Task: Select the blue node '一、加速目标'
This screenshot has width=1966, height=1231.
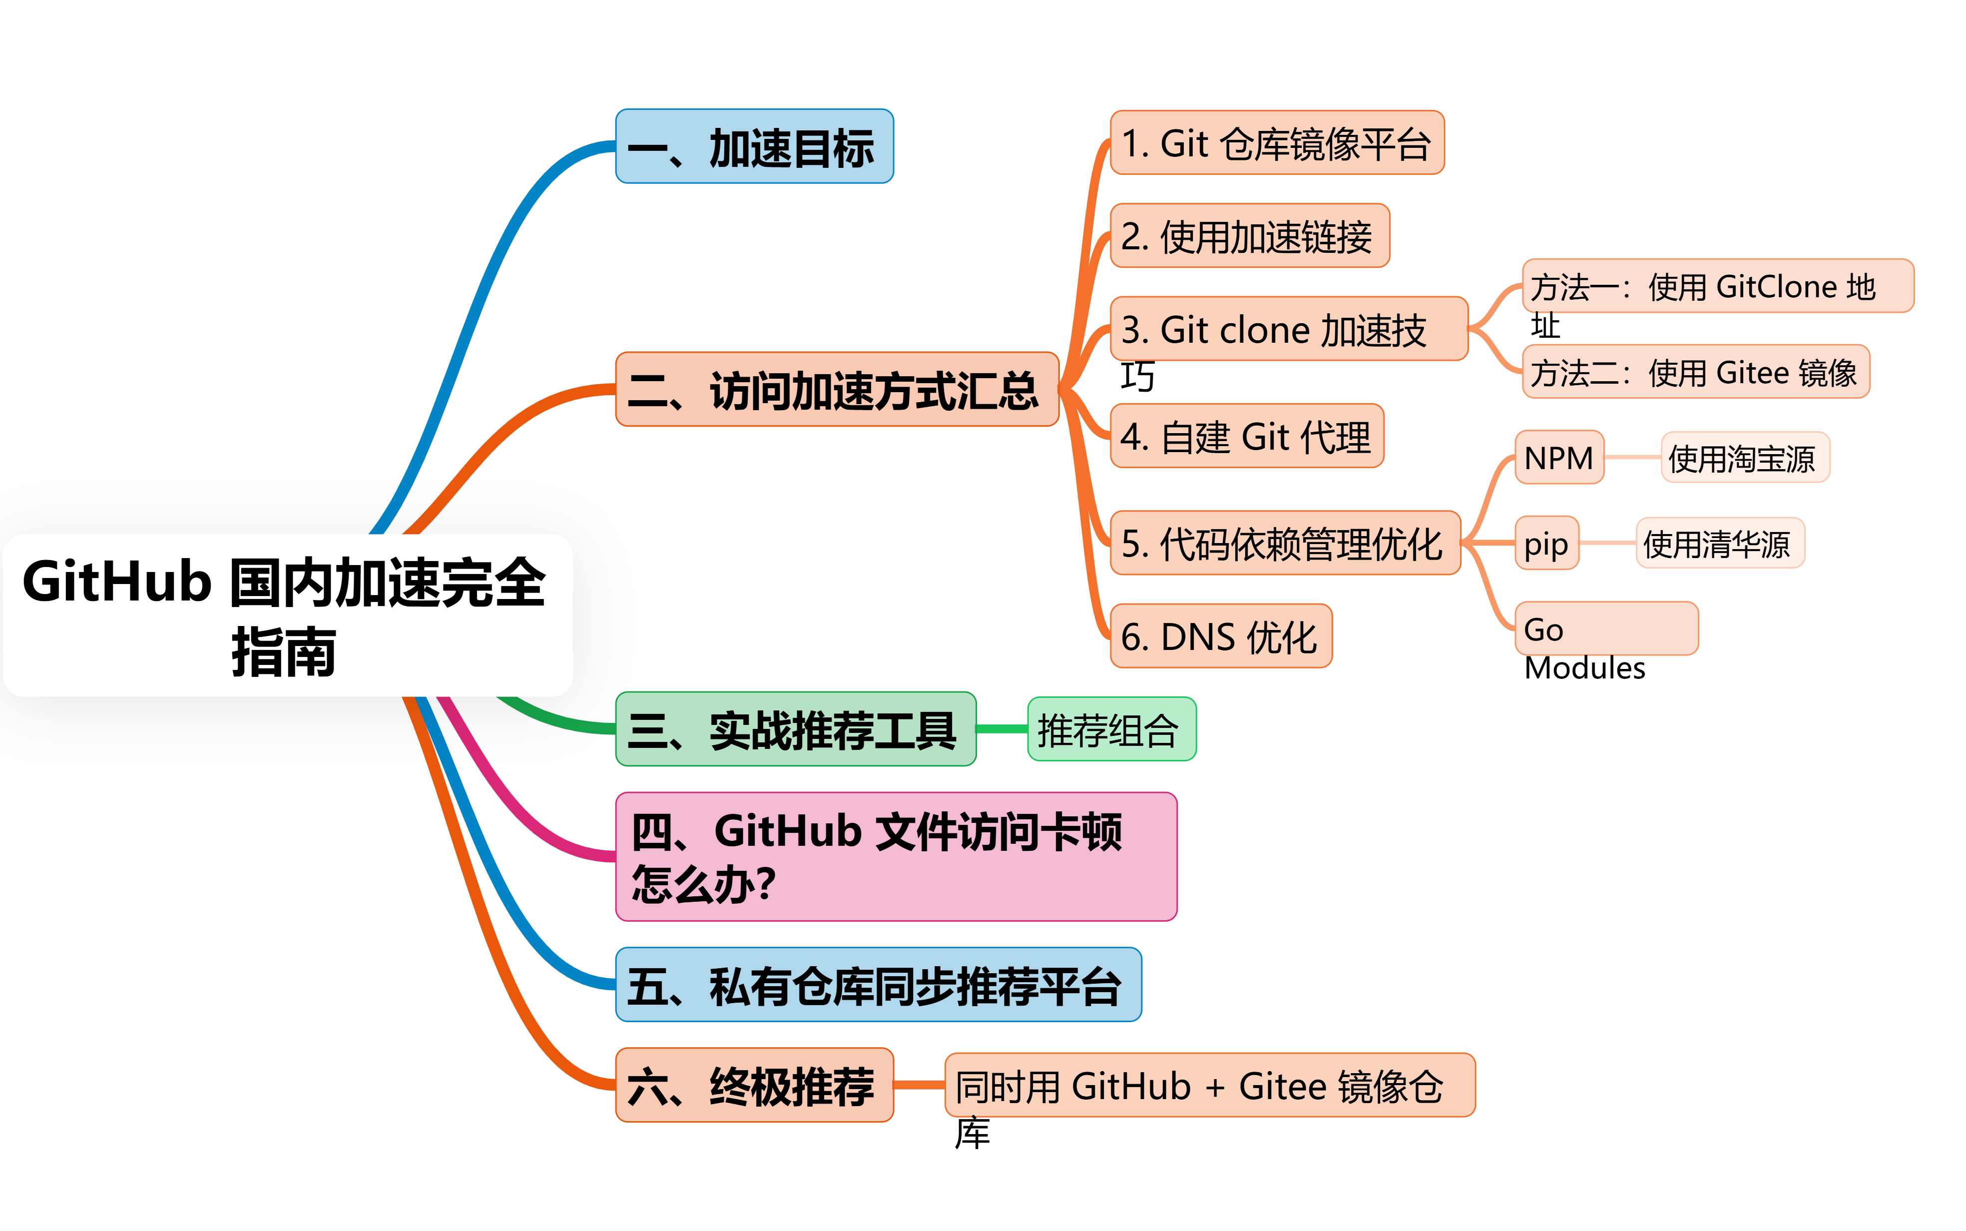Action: [x=754, y=146]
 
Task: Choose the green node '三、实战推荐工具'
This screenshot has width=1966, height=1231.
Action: [x=795, y=729]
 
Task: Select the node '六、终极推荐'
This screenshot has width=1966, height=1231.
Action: [x=754, y=1085]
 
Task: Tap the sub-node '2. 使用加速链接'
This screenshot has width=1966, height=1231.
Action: [x=1249, y=236]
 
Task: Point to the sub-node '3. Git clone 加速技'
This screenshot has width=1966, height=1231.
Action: [x=1288, y=329]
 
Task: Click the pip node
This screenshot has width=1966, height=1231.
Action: [x=1546, y=543]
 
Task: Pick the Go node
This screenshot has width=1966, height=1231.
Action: [x=1605, y=628]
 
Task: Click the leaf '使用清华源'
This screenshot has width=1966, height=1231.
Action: [x=1719, y=543]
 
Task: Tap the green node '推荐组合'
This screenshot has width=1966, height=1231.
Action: [x=1111, y=729]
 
